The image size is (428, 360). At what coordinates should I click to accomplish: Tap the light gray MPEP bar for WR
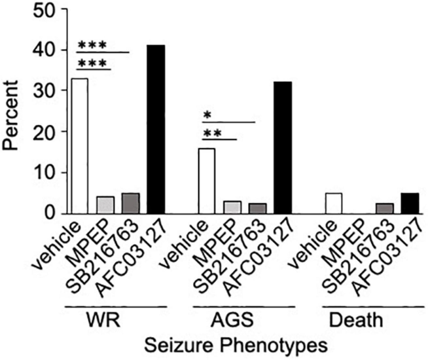[x=105, y=205]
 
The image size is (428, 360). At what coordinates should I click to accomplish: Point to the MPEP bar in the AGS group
[x=232, y=207]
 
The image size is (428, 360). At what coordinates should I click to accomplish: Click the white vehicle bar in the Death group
[x=334, y=203]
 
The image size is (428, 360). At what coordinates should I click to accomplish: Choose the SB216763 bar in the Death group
[x=384, y=208]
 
